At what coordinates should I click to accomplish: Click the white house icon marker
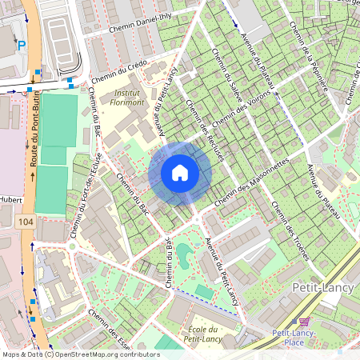tap(180, 172)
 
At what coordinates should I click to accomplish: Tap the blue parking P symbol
tap(22, 46)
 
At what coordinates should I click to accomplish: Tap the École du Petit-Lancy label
tap(199, 335)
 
